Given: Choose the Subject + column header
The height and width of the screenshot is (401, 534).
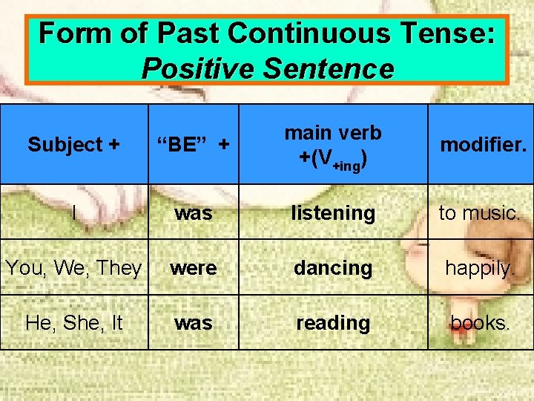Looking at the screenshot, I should pos(73,144).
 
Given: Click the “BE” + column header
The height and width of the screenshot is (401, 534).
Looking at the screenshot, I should pos(193,144).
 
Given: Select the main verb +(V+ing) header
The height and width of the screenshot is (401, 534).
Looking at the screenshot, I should pos(332,143).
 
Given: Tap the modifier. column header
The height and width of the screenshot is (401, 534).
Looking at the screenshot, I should pos(483,144).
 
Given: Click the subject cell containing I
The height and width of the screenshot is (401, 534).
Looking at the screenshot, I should pos(74,212).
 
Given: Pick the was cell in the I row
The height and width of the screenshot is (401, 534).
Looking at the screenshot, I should pos(193,212).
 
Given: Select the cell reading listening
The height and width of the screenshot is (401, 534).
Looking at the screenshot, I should pos(332,212).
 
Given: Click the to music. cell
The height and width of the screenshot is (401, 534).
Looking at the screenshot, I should pos(479,212).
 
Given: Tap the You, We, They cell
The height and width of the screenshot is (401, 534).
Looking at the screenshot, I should pos(73,267).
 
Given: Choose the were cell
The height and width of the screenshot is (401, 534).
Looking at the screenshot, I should pos(193,267).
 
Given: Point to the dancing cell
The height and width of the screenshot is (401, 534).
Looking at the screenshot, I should pos(332,267).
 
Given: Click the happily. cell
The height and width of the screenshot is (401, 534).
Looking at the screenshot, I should pos(479,267).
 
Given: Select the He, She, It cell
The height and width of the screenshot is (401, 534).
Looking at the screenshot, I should pos(73,323).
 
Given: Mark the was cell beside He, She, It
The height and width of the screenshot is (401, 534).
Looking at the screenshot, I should pos(193,323).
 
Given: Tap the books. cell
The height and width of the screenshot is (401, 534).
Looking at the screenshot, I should pos(479,323).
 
